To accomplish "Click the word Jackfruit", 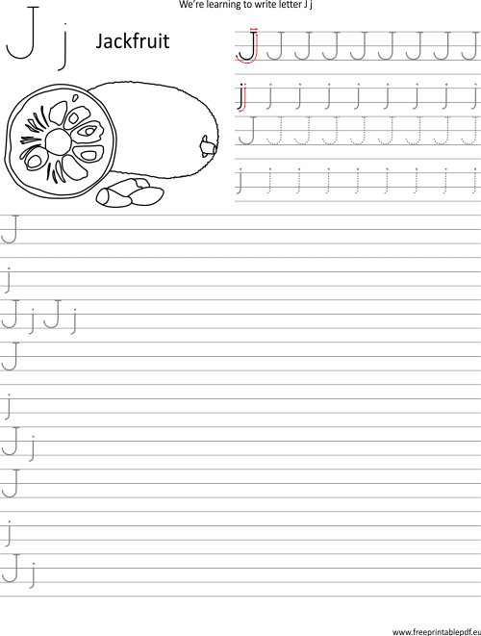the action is click(132, 41).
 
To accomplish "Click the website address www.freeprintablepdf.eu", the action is click(437, 631).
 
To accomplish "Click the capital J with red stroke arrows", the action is click(247, 45).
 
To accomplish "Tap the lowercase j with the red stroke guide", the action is click(242, 97).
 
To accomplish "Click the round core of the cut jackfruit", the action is click(59, 142).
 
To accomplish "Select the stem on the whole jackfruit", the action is click(208, 146).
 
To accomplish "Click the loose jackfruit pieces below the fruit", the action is click(130, 192).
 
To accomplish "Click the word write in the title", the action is click(266, 5).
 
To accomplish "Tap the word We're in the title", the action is click(188, 5).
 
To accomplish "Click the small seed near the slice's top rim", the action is click(75, 98).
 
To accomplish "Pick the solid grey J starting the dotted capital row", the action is click(248, 130).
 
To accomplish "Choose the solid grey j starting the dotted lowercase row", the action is click(240, 181).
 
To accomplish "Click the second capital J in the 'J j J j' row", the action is click(53, 314).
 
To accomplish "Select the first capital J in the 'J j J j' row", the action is click(11, 314).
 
